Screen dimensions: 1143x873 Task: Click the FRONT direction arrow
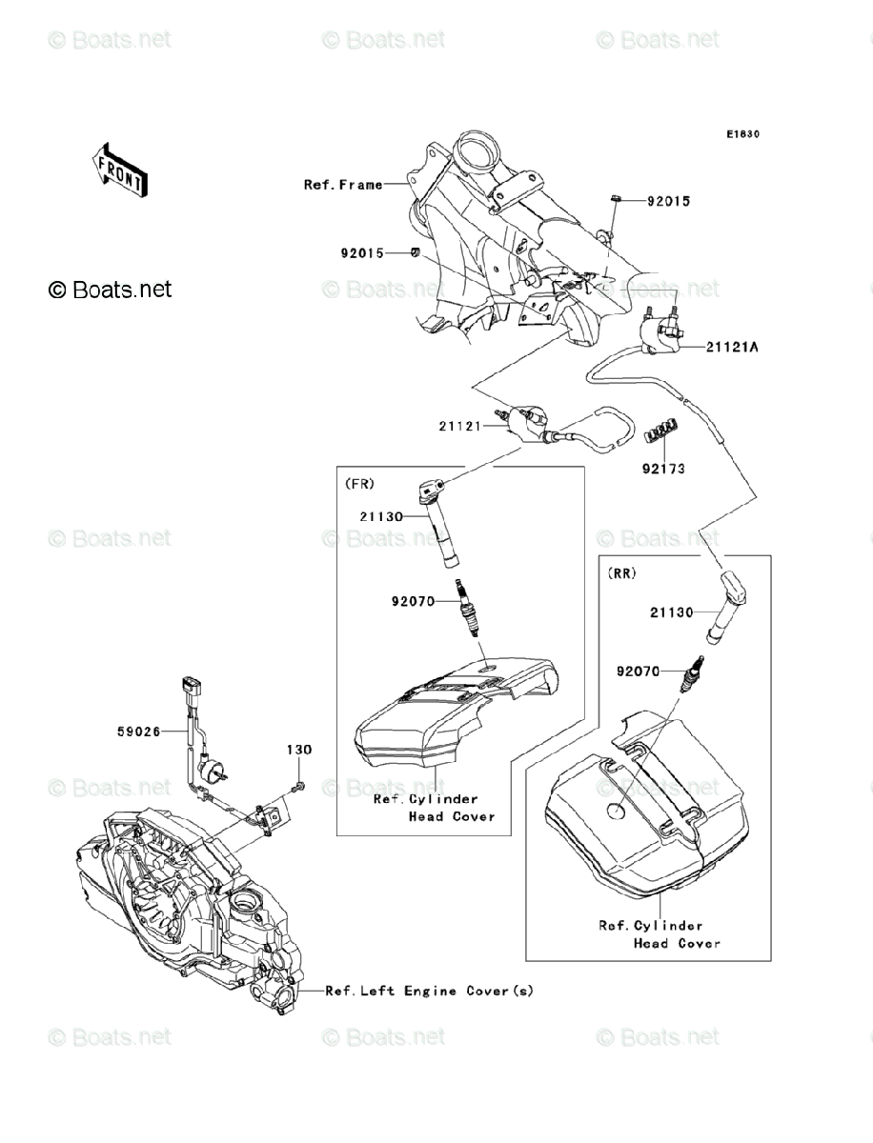point(119,170)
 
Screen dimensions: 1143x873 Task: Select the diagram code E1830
point(742,135)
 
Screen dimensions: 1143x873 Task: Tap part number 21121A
point(732,347)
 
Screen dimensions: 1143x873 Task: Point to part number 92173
point(663,469)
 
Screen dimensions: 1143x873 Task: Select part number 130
point(298,751)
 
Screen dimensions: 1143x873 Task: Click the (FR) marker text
point(359,484)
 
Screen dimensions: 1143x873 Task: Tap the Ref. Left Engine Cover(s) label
point(429,991)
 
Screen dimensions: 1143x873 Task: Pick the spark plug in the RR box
point(693,675)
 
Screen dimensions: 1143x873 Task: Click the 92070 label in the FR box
point(413,602)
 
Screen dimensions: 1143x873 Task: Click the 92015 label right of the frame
point(668,202)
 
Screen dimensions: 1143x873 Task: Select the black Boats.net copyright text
point(111,289)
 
